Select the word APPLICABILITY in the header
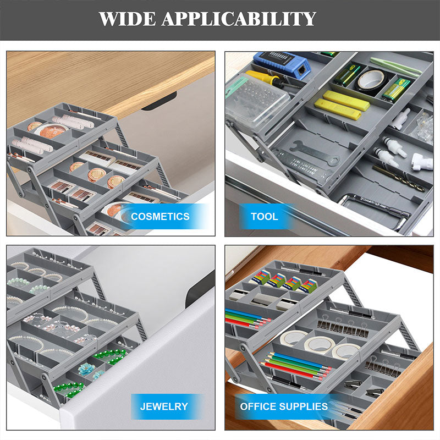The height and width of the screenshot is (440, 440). (239, 19)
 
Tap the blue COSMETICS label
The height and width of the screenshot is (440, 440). (160, 216)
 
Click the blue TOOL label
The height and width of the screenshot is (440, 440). (264, 216)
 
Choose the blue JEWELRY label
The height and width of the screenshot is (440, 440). (163, 407)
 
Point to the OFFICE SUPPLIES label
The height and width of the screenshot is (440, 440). (283, 407)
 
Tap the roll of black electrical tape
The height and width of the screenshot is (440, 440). (371, 80)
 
